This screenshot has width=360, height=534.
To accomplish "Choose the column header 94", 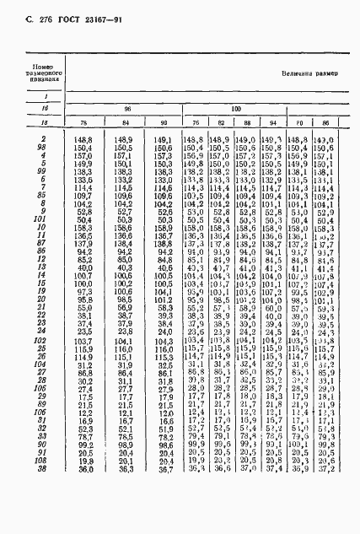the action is tap(271, 124).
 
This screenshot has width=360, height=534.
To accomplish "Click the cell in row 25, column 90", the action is tap(164, 379).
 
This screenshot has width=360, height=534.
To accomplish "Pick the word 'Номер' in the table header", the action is tap(41, 66).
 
